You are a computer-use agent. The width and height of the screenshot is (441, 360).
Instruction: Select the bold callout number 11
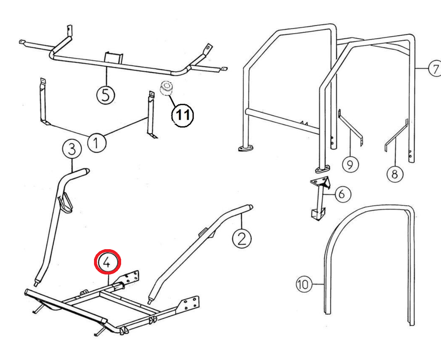coord(182,115)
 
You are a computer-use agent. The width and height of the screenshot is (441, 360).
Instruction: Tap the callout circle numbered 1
coord(96,142)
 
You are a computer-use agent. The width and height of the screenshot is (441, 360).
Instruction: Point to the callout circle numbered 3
coord(72,149)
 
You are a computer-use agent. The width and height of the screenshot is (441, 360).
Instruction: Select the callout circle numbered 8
coord(394,173)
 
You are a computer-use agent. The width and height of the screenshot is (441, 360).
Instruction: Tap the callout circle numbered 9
coord(350,164)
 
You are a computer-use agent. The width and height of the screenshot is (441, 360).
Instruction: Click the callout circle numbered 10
coord(304,285)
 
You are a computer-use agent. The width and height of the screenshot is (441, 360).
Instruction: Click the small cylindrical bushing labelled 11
coord(166,89)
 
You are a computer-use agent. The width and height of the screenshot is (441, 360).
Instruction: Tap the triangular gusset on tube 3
coord(66,203)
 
